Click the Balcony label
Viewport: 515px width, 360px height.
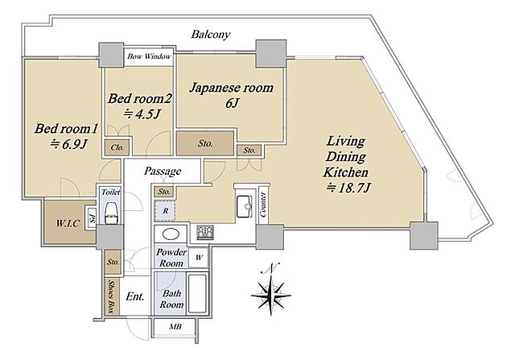tap(211, 34)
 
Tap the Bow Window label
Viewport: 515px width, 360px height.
tap(149, 56)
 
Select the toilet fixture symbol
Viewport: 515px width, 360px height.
tap(111, 213)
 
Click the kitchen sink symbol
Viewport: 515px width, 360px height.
tap(245, 206)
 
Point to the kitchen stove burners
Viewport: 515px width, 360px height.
tap(205, 233)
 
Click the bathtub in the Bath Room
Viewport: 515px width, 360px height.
tap(197, 294)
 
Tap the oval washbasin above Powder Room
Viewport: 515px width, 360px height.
tap(171, 234)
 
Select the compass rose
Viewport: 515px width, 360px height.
tap(271, 290)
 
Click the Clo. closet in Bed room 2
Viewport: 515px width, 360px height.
tap(117, 147)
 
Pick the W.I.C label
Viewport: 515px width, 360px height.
tap(68, 224)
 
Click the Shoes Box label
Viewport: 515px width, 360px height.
tap(112, 296)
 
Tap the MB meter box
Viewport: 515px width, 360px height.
tap(175, 327)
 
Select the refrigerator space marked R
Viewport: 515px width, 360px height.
tap(165, 210)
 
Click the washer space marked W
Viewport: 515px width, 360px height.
tap(199, 258)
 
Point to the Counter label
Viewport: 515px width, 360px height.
tap(263, 205)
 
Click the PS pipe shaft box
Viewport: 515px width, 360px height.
tap(92, 217)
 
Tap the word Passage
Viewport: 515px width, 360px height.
tap(163, 171)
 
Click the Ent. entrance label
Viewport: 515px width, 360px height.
tap(135, 296)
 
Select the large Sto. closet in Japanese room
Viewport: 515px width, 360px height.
tap(205, 143)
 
